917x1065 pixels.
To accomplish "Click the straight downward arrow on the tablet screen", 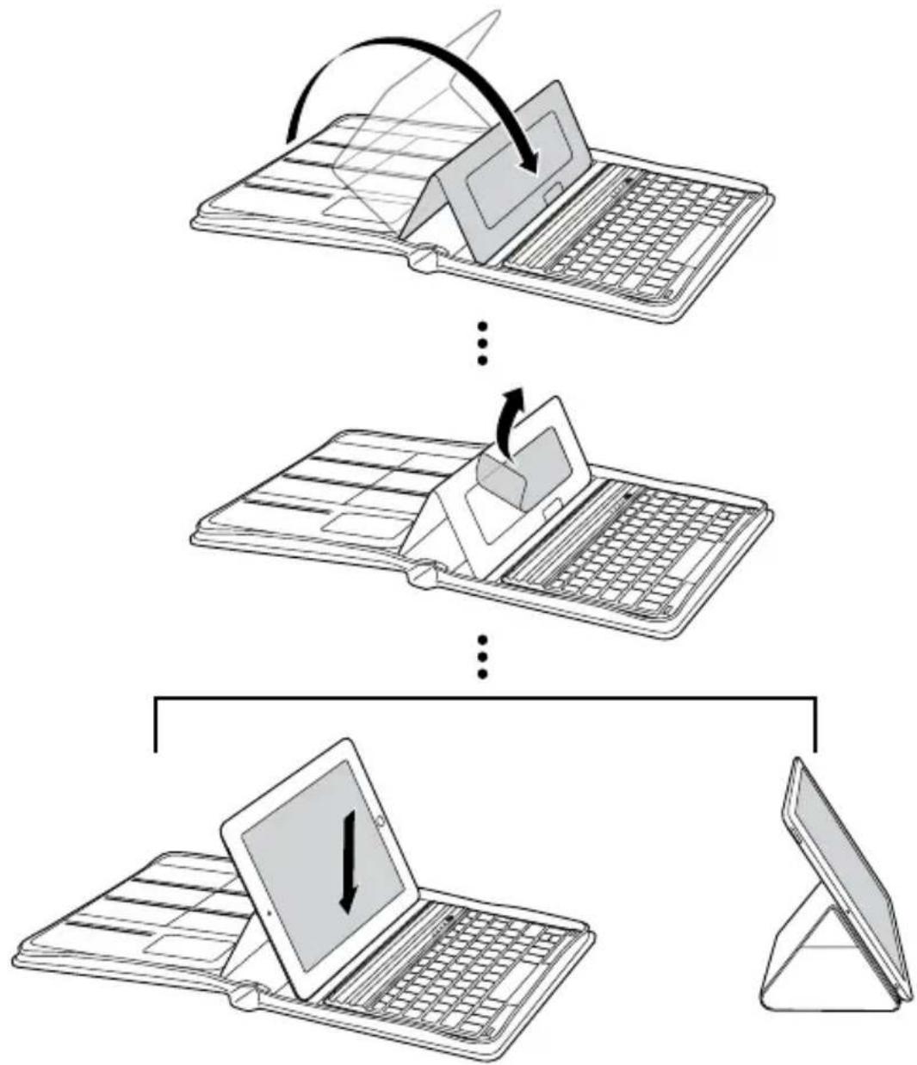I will pyautogui.click(x=348, y=861).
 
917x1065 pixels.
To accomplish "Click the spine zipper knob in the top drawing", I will pyautogui.click(x=424, y=260).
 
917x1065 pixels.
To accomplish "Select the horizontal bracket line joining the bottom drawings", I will pyautogui.click(x=483, y=697).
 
